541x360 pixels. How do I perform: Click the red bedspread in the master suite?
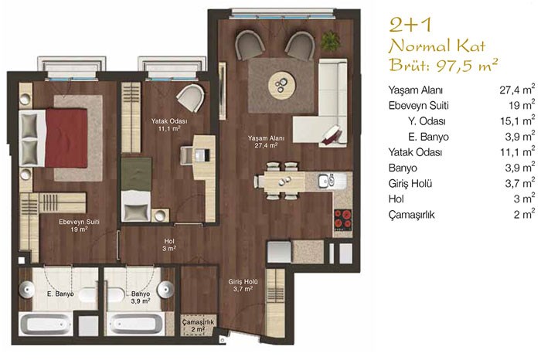point(66,138)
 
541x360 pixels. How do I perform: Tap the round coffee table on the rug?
point(282,84)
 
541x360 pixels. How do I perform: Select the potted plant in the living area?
point(330,41)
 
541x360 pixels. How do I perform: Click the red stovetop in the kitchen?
point(343,220)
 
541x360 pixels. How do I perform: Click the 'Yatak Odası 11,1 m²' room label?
point(169,125)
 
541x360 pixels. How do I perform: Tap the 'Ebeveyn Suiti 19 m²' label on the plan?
point(79,226)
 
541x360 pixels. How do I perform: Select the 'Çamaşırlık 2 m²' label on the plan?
point(198,325)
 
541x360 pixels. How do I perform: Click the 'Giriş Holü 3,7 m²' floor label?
point(243,285)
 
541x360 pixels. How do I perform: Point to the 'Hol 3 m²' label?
point(169,244)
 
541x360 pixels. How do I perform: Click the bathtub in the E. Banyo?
point(45,324)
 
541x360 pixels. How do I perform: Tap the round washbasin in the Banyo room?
point(166,289)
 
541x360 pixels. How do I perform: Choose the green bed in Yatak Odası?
point(136,174)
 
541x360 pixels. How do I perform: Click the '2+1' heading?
point(410,25)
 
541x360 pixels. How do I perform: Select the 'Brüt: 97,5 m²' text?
point(444,64)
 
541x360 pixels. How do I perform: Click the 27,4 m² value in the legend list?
point(517,90)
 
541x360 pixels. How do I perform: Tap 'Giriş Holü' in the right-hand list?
point(410,183)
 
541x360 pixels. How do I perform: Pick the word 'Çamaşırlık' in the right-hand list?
point(411,215)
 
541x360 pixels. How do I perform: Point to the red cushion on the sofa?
point(332,135)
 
